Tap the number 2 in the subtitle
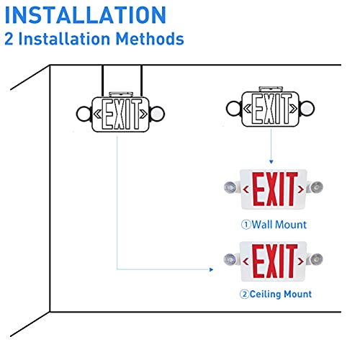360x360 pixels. pyautogui.click(x=9, y=39)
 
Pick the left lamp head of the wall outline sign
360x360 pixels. pyautogui.click(x=232, y=109)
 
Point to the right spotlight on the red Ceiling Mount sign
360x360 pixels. pyautogui.click(x=318, y=258)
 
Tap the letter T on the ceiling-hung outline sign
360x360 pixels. pyautogui.click(x=135, y=114)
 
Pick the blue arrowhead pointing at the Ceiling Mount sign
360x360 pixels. pyautogui.click(x=212, y=269)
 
